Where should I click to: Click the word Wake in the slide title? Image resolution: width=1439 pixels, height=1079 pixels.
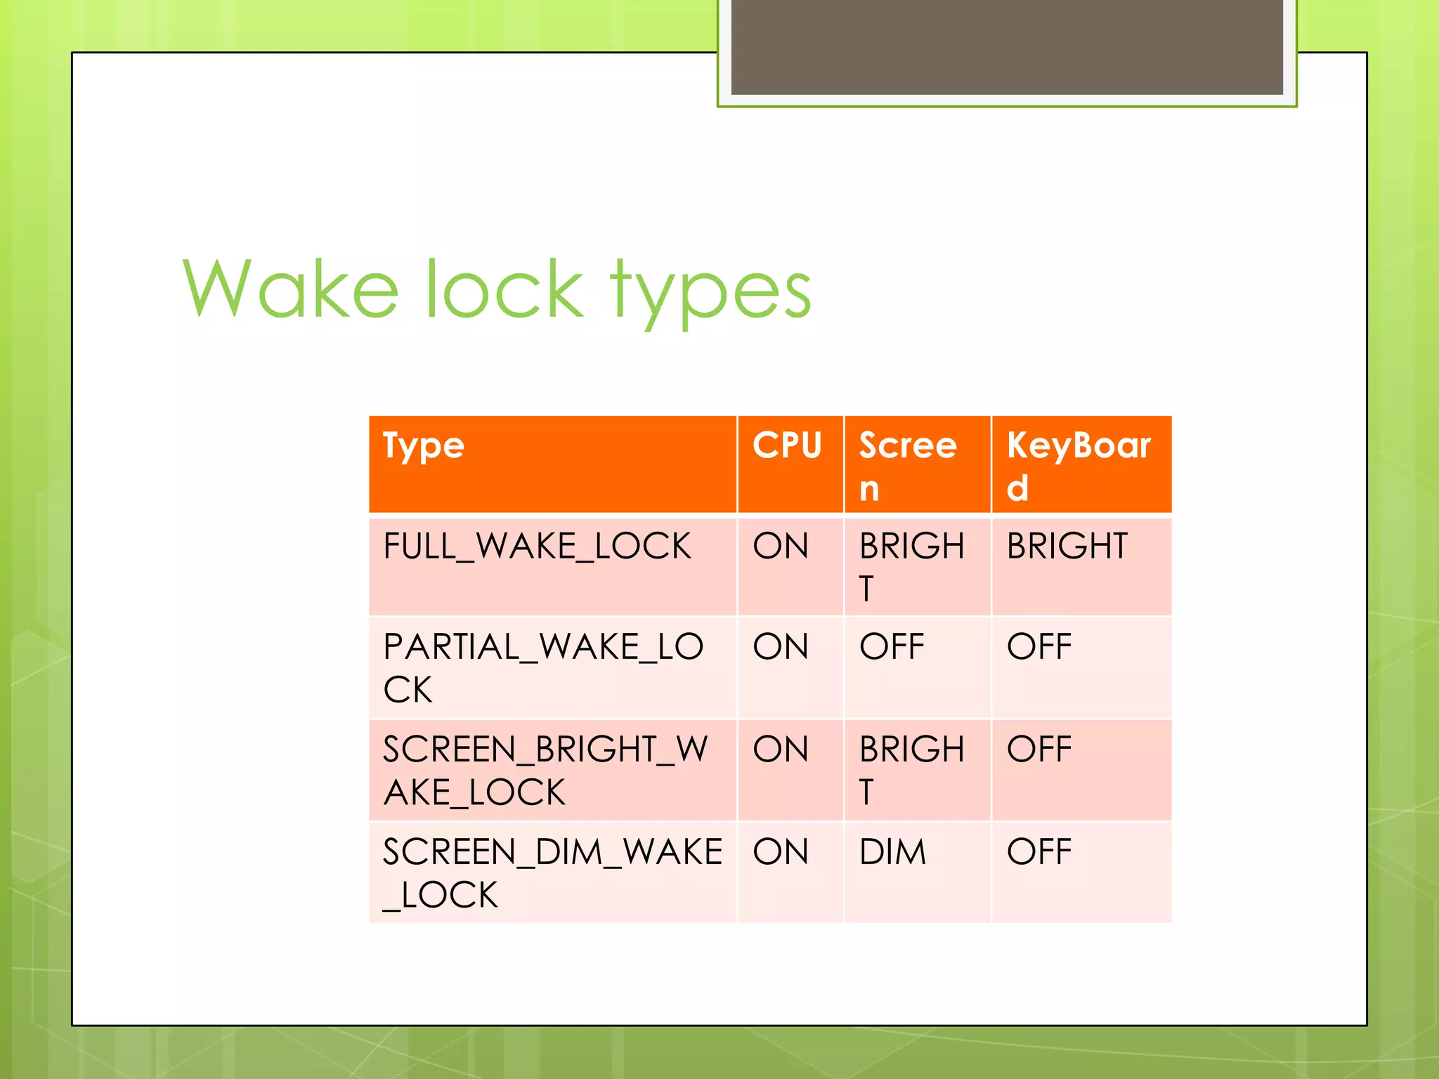(x=291, y=289)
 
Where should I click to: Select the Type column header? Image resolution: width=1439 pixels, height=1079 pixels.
(x=424, y=446)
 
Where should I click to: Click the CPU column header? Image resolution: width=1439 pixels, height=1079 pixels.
(x=787, y=445)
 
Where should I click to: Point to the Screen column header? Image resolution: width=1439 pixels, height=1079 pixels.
(x=908, y=465)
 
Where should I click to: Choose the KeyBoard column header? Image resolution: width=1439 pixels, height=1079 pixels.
(x=1079, y=465)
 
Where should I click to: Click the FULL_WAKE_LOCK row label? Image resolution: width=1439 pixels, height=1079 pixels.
(x=537, y=547)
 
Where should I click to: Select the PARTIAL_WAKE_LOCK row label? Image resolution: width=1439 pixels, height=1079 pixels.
(x=542, y=667)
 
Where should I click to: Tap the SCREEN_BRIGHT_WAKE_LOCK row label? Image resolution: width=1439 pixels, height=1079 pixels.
(x=545, y=770)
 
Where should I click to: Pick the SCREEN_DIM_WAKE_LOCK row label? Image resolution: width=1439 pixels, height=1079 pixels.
(x=552, y=872)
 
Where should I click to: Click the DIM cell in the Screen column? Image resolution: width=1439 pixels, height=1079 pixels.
(x=892, y=852)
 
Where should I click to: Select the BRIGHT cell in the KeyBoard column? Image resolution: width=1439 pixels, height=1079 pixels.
(x=1067, y=547)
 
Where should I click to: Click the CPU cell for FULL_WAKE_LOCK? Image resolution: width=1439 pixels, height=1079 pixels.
(x=781, y=547)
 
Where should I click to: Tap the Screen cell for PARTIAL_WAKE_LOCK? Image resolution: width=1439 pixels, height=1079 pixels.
(x=892, y=647)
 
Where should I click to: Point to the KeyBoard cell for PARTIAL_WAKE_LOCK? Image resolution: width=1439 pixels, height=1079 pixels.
(x=1039, y=647)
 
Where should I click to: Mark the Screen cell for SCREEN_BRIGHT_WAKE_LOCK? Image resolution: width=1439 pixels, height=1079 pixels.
(x=911, y=770)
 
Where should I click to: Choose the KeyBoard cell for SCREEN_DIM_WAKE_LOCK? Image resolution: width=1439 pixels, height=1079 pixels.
(x=1039, y=852)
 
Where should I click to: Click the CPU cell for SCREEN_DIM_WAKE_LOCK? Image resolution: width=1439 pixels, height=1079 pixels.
(x=781, y=852)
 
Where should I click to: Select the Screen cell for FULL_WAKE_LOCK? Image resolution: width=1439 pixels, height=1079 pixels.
(x=911, y=566)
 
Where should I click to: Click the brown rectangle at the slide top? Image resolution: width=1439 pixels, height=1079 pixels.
(x=1006, y=46)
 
